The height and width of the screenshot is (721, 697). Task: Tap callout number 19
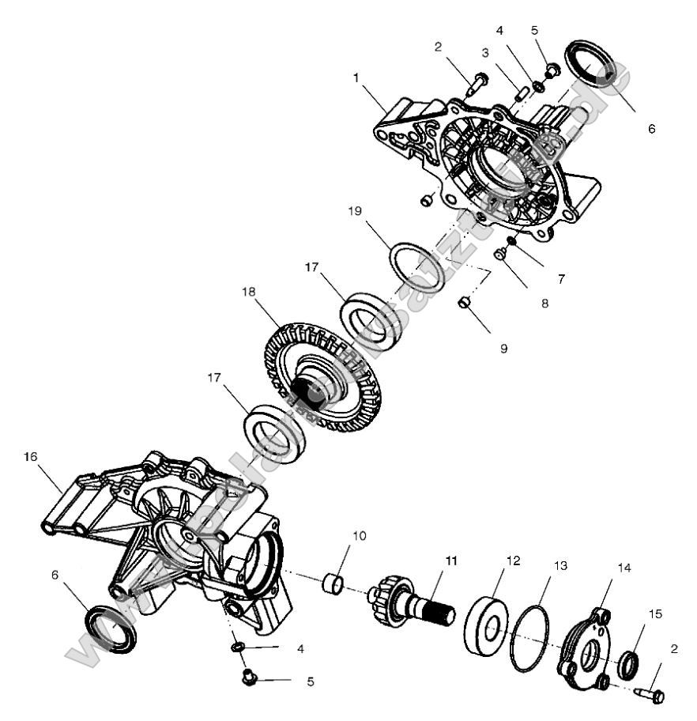click(x=353, y=211)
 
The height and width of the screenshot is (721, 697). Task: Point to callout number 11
click(x=451, y=560)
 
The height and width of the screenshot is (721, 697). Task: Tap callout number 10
click(x=359, y=536)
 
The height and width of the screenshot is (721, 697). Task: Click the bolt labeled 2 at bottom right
click(x=651, y=693)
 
